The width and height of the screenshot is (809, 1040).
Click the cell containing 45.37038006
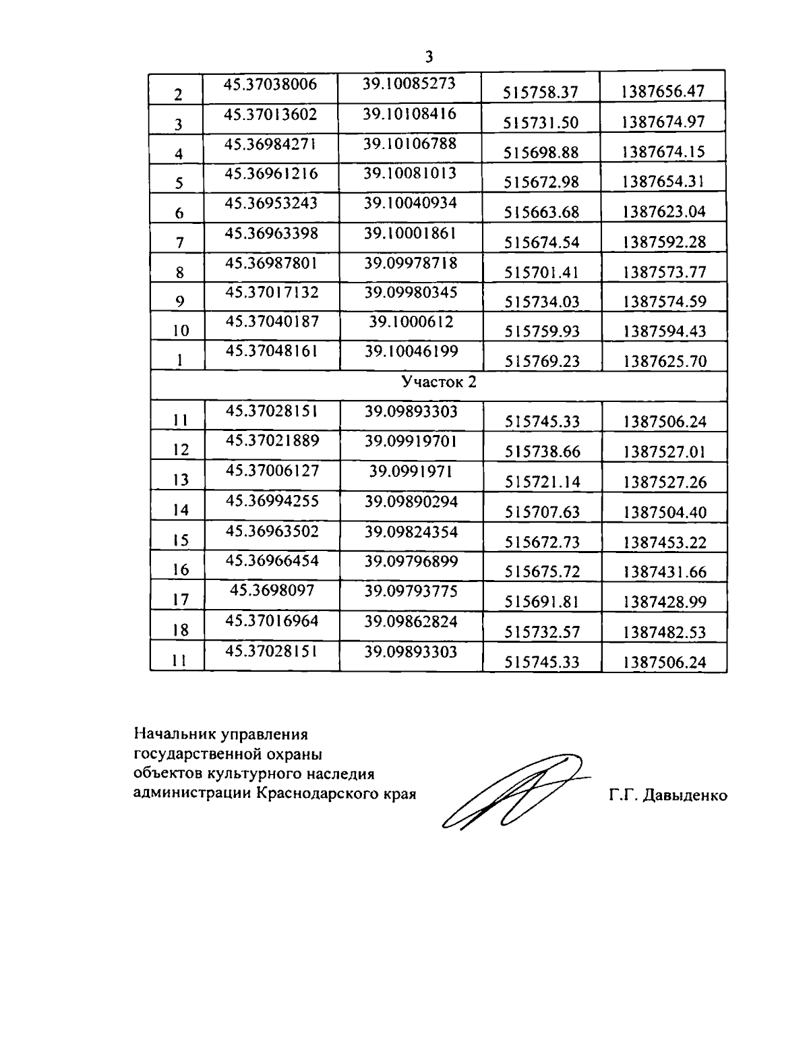click(x=270, y=84)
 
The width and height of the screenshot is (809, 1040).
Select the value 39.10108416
click(x=410, y=113)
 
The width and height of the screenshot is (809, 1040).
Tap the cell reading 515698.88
click(x=541, y=152)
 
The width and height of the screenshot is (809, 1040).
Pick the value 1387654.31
click(x=663, y=181)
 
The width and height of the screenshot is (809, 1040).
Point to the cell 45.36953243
click(x=271, y=203)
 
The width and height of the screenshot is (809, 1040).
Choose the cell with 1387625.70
click(x=664, y=362)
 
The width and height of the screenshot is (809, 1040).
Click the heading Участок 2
click(x=439, y=382)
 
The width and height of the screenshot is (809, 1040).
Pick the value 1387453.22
click(x=664, y=542)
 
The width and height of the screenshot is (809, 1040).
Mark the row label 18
click(x=180, y=631)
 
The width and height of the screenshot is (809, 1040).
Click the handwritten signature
click(x=512, y=789)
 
